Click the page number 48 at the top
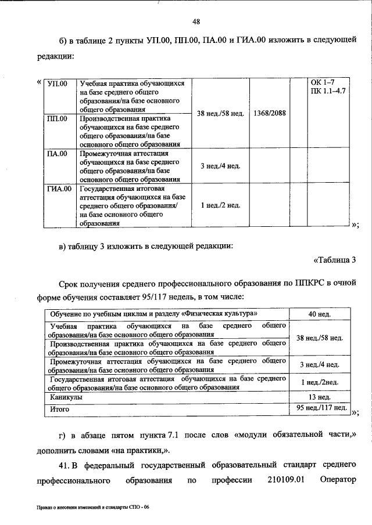(196, 21)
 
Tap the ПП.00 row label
(56, 119)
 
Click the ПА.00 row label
(56, 154)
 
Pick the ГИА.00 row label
(58, 189)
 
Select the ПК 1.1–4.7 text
(328, 92)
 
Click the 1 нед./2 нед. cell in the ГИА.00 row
(220, 205)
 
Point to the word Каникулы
(66, 397)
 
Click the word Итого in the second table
(60, 409)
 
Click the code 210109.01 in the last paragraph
(287, 481)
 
